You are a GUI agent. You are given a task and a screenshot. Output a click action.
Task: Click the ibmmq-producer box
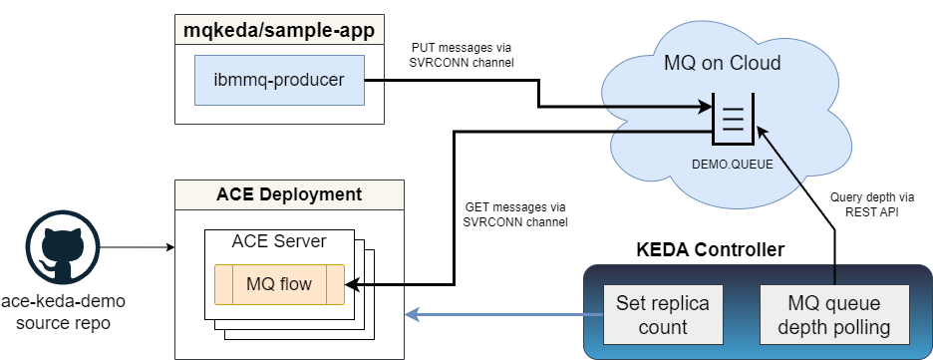pyautogui.click(x=279, y=81)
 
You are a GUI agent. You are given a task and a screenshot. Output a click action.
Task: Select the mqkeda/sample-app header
pyautogui.click(x=279, y=31)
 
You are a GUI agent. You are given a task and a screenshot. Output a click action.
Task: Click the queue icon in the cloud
pyautogui.click(x=732, y=119)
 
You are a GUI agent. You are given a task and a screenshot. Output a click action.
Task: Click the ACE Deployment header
pyautogui.click(x=289, y=193)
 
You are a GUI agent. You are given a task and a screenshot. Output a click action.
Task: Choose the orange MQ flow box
pyautogui.click(x=279, y=284)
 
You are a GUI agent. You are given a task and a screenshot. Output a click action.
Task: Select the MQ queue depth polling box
pyautogui.click(x=835, y=314)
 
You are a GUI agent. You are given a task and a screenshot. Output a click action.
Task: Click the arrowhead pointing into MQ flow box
pyautogui.click(x=352, y=284)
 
